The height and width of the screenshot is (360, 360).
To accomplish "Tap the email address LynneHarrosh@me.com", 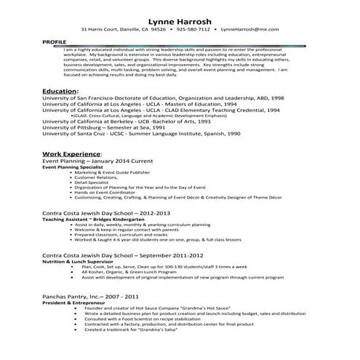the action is pyautogui.click(x=250, y=30).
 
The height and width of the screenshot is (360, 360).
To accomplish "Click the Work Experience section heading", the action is pyautogui.click(x=73, y=155).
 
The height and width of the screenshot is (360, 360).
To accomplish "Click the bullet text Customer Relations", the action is pyautogui.click(x=97, y=177).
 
